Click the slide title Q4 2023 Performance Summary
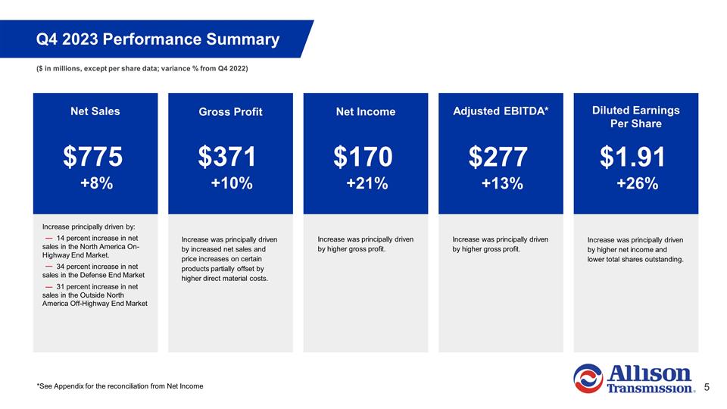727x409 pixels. pyautogui.click(x=158, y=39)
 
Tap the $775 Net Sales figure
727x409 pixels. pyautogui.click(x=92, y=157)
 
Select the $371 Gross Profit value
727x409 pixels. pyautogui.click(x=227, y=157)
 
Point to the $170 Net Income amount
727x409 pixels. pyautogui.click(x=363, y=157)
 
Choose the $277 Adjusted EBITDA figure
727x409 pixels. pyautogui.click(x=498, y=157)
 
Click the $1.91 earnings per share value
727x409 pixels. pyautogui.click(x=632, y=157)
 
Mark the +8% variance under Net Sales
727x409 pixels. pyautogui.click(x=96, y=183)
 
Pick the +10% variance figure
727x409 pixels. pyautogui.click(x=231, y=183)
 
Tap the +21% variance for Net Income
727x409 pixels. pyautogui.click(x=367, y=183)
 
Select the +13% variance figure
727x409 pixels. pyautogui.click(x=501, y=183)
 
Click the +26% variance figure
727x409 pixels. pyautogui.click(x=636, y=183)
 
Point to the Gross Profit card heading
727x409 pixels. pyautogui.click(x=230, y=112)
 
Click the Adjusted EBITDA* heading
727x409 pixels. pyautogui.click(x=501, y=111)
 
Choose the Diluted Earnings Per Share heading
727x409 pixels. pyautogui.click(x=635, y=117)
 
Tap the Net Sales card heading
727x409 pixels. pyautogui.click(x=95, y=111)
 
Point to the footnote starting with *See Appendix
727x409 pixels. pyautogui.click(x=120, y=387)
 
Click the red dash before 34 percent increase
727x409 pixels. pyautogui.click(x=48, y=267)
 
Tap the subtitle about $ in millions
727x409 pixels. pyautogui.click(x=142, y=70)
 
